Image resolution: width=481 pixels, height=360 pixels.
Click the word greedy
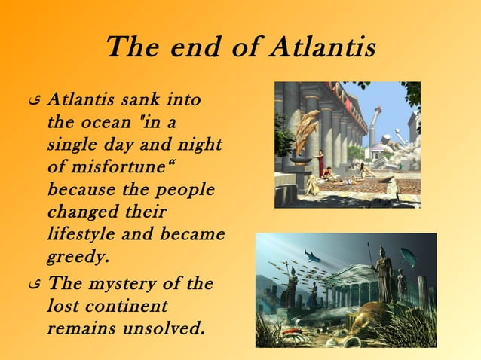(78, 256)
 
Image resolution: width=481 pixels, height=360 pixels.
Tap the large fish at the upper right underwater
(409, 257)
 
